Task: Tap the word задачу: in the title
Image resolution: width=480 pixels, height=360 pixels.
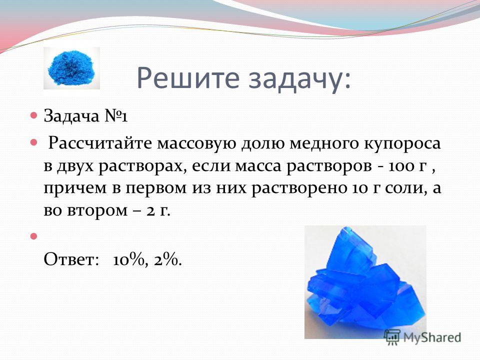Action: tap(299, 79)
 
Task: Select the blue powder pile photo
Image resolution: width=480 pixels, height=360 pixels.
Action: tap(71, 68)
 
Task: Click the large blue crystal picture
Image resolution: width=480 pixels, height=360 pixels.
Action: tap(365, 282)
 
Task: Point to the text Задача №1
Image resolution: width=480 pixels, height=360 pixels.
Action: tap(85, 116)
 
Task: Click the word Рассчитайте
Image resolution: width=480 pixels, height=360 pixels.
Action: tap(100, 143)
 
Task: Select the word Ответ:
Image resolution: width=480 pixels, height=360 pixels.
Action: tap(71, 259)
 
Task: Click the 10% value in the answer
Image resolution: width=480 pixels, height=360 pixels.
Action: tap(128, 260)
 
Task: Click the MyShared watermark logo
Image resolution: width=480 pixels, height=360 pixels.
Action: tap(422, 337)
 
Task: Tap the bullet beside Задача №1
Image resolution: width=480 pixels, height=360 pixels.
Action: tap(33, 115)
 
